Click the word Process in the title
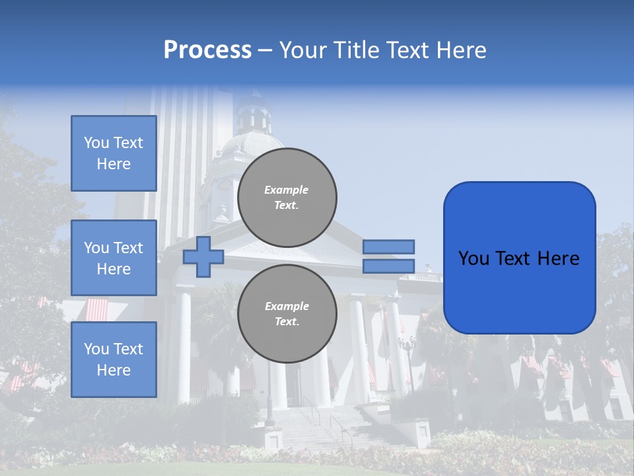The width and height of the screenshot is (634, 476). [x=207, y=50]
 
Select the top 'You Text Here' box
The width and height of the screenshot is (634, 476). [x=114, y=153]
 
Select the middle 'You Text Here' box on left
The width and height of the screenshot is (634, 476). [x=114, y=258]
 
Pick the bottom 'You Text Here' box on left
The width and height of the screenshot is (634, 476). [x=114, y=359]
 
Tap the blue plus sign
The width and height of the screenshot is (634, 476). [x=203, y=257]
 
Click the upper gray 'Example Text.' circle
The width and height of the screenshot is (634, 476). [x=287, y=197]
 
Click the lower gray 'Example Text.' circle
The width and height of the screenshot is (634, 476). [x=287, y=313]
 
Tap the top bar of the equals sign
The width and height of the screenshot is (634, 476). [x=388, y=247]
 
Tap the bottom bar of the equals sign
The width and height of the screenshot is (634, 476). [x=388, y=266]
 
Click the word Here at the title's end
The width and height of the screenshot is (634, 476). [x=462, y=50]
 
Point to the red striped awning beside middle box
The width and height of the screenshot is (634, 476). [x=96, y=308]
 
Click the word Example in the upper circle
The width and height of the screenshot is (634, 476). [x=287, y=190]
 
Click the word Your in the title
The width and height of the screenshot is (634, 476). [x=304, y=50]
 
